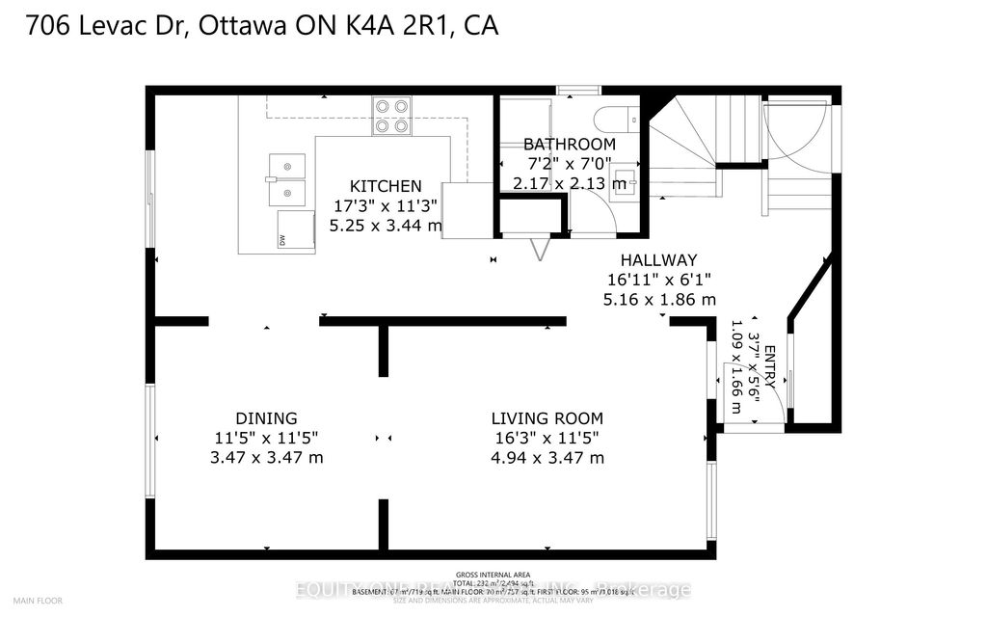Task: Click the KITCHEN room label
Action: pyautogui.click(x=386, y=186)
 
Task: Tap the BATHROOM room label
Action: pyautogui.click(x=569, y=145)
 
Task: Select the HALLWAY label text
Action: pyautogui.click(x=658, y=260)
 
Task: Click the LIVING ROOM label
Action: pyautogui.click(x=547, y=418)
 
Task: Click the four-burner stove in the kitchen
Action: pyautogui.click(x=392, y=116)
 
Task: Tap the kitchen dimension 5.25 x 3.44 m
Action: pyautogui.click(x=386, y=225)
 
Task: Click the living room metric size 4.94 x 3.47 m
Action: pyautogui.click(x=547, y=457)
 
